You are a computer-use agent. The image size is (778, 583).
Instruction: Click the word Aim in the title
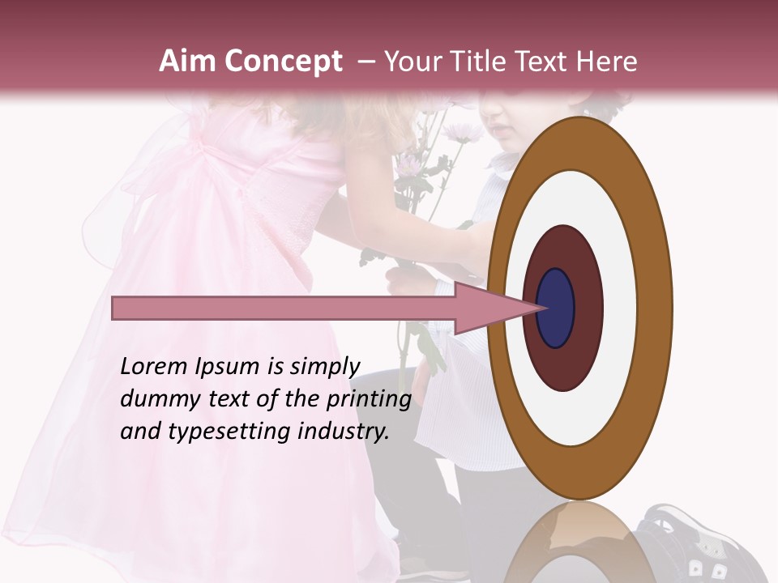point(188,62)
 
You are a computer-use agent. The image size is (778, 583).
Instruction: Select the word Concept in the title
point(283,62)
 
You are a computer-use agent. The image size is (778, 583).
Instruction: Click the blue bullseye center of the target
point(557,308)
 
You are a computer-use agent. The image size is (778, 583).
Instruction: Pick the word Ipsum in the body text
point(229,368)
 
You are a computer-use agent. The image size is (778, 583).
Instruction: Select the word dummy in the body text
point(155,399)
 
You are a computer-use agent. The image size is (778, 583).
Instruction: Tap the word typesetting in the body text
point(213,432)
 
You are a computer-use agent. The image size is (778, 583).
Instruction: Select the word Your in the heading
point(410,62)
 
